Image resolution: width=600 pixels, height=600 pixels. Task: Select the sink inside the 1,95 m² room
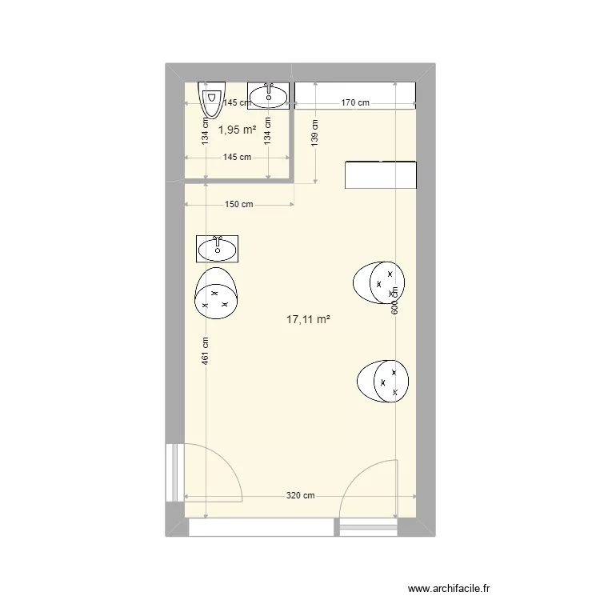(267, 96)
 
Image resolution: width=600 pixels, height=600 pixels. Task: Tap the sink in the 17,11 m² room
(217, 249)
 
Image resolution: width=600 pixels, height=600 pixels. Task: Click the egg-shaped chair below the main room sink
(216, 294)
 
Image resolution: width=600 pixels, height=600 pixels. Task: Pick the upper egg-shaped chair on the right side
(378, 282)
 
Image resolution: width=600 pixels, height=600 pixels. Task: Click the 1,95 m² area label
(238, 130)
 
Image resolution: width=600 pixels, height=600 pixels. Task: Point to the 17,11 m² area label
(308, 319)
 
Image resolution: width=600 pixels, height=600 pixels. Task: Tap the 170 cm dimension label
(355, 102)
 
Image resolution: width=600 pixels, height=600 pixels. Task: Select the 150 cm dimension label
(238, 204)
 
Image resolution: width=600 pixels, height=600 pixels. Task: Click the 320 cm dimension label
(301, 496)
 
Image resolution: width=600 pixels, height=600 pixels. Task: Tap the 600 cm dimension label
(394, 302)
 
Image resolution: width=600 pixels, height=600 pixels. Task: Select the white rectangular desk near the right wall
(381, 174)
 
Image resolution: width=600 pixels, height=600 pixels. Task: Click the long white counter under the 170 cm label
(355, 93)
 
